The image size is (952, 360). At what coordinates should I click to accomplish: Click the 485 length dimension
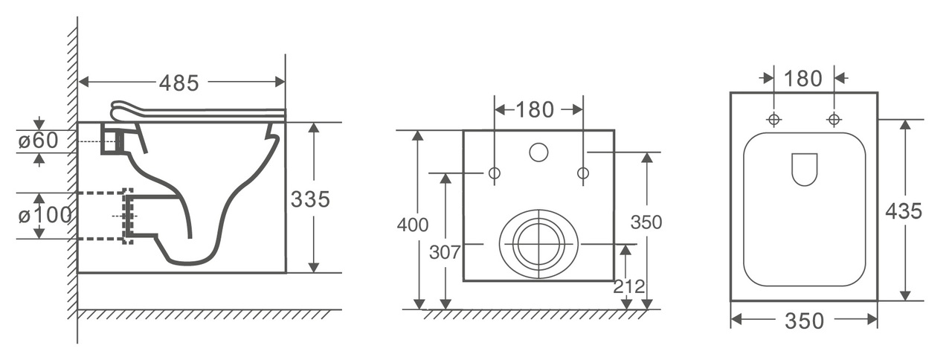pyautogui.click(x=179, y=83)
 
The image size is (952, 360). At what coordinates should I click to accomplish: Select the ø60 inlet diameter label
pyautogui.click(x=38, y=141)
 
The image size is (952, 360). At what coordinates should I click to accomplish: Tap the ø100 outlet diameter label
pyautogui.click(x=45, y=216)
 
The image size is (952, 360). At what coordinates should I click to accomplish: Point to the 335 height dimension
pyautogui.click(x=310, y=199)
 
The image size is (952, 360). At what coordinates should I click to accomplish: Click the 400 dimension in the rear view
pyautogui.click(x=413, y=225)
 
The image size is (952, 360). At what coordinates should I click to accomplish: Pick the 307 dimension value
pyautogui.click(x=445, y=252)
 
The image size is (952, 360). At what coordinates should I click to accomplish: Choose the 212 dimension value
pyautogui.click(x=629, y=287)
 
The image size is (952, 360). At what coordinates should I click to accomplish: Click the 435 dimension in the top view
pyautogui.click(x=904, y=210)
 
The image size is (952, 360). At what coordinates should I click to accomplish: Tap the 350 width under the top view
pyautogui.click(x=804, y=321)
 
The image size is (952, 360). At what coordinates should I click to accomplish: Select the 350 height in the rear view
pyautogui.click(x=646, y=222)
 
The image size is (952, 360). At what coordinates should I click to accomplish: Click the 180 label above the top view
pyautogui.click(x=803, y=79)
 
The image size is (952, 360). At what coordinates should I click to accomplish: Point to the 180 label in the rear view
pyautogui.click(x=535, y=109)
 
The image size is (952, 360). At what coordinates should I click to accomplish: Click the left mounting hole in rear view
pyautogui.click(x=495, y=173)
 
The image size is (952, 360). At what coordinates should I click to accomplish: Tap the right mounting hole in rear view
pyautogui.click(x=583, y=173)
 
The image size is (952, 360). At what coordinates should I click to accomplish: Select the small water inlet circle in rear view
pyautogui.click(x=538, y=152)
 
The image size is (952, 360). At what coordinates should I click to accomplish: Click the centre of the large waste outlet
pyautogui.click(x=539, y=245)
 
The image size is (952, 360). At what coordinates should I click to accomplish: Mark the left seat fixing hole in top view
pyautogui.click(x=774, y=120)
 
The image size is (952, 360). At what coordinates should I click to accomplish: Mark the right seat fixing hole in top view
pyautogui.click(x=834, y=120)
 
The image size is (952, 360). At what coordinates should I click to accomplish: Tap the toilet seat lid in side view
pyautogui.click(x=198, y=112)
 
